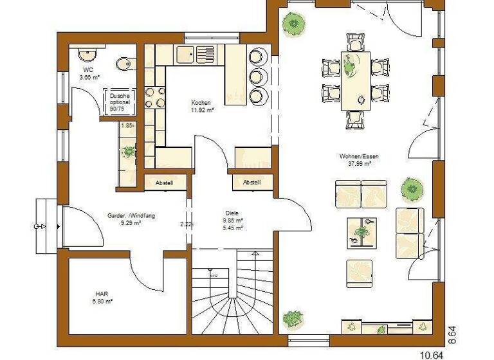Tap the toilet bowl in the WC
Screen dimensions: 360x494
[124, 63]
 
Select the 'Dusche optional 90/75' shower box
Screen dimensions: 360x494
[120, 102]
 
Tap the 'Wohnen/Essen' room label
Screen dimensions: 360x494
[356, 156]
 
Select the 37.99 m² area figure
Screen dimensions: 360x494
[356, 163]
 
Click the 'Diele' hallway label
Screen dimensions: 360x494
[232, 212]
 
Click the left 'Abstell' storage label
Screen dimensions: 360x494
[164, 183]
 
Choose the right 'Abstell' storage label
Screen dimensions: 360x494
[252, 183]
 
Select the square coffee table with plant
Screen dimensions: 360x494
[362, 232]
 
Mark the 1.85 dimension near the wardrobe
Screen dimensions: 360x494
[126, 125]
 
